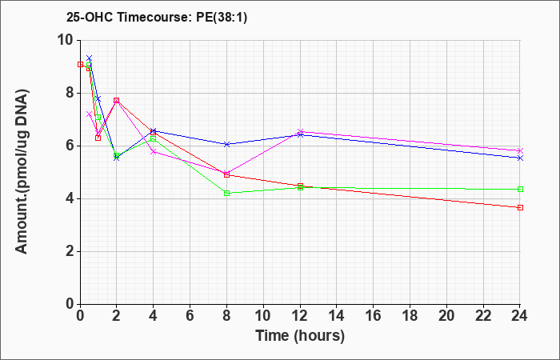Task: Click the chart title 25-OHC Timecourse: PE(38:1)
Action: [157, 17]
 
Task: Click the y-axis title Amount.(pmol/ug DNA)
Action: [22, 172]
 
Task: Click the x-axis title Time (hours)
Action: [300, 336]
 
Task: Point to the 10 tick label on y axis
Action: [67, 40]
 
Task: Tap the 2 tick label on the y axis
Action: [72, 251]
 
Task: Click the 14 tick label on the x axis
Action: [337, 316]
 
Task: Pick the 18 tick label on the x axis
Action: [410, 316]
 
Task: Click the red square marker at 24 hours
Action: [520, 207]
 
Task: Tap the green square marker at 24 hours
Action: [520, 190]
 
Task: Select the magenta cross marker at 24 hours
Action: [520, 150]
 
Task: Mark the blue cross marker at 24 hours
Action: [520, 158]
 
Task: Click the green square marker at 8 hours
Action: [226, 194]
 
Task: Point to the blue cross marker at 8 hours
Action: [226, 144]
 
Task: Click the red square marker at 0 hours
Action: [80, 64]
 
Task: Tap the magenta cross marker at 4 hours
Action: [154, 152]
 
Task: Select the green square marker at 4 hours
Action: [154, 138]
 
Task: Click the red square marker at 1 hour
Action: [98, 138]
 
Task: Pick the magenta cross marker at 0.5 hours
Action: [90, 114]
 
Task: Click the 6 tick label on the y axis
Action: [72, 146]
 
